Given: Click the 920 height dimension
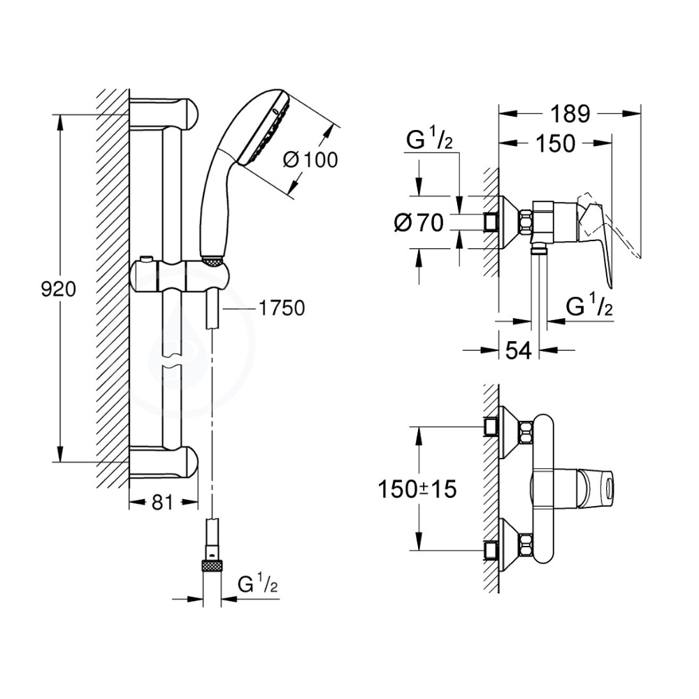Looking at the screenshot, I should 57,289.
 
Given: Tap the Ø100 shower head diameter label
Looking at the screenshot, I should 310,159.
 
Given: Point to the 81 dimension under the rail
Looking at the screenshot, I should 162,502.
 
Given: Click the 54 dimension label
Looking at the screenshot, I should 518,350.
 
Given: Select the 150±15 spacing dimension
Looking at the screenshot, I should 418,489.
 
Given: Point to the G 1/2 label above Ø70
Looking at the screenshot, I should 429,142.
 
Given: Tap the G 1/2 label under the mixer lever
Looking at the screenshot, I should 589,305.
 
